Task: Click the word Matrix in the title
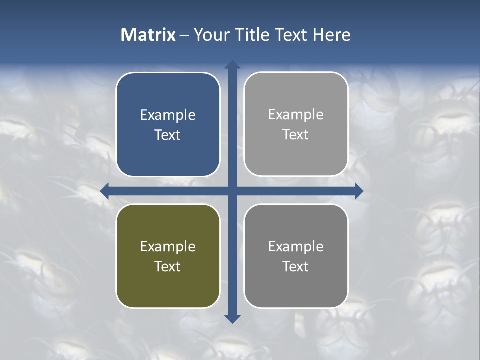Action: coord(148,35)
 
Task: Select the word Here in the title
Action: coord(331,35)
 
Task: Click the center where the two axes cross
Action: coord(232,191)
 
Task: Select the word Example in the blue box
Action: coord(168,115)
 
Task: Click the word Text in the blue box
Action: coord(168,135)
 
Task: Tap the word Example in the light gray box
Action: coord(296,115)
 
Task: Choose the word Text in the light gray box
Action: coord(296,134)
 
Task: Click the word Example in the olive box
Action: coord(168,246)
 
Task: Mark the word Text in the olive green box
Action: coord(168,266)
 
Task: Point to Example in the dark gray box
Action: coord(296,246)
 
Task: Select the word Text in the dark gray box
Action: coord(296,266)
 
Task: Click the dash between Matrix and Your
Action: coord(184,35)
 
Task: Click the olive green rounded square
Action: coord(168,290)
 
